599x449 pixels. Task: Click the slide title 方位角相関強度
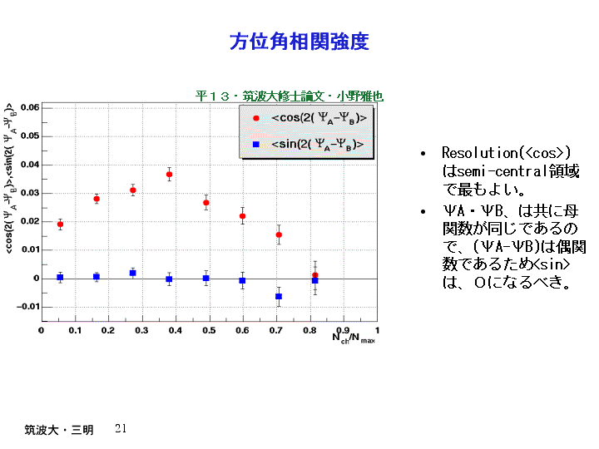[299, 42]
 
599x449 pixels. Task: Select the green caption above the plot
[289, 96]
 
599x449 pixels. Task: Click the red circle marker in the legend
[256, 118]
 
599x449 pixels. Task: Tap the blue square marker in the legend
[256, 145]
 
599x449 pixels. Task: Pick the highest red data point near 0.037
[169, 175]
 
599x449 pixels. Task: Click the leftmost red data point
[60, 224]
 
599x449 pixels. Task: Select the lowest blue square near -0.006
[279, 296]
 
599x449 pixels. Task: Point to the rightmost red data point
[315, 275]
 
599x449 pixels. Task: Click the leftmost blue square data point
[60, 277]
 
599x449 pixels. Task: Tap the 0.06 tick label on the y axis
[30, 108]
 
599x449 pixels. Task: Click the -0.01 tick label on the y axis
[28, 307]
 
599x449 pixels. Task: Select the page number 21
[121, 428]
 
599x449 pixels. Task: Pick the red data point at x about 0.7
[279, 235]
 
